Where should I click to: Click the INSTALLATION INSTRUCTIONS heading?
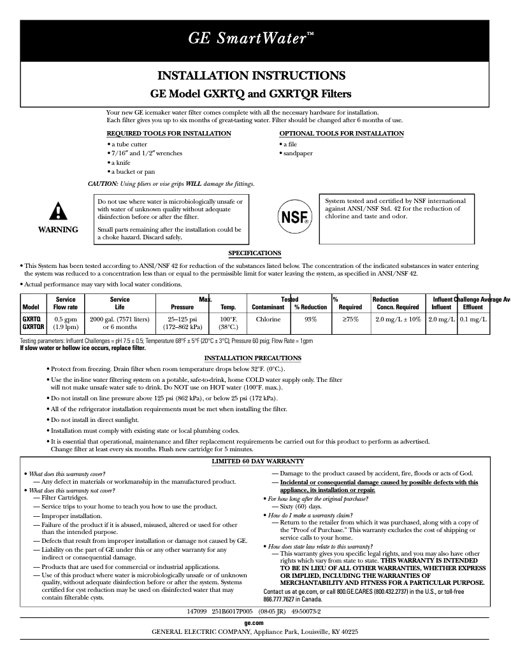click(251, 76)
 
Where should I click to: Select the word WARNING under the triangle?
click(58, 230)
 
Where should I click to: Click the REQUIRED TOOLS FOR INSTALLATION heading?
click(168, 134)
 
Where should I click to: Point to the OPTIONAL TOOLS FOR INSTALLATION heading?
click(342, 134)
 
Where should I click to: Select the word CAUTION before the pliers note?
click(103, 184)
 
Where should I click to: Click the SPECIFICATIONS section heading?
click(255, 253)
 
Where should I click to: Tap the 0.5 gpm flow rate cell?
click(66, 319)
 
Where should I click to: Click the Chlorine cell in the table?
click(268, 319)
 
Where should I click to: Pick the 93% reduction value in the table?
click(310, 319)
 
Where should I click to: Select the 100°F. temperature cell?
click(228, 319)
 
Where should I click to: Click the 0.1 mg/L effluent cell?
click(473, 319)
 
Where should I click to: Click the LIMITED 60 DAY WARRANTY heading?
click(257, 461)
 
